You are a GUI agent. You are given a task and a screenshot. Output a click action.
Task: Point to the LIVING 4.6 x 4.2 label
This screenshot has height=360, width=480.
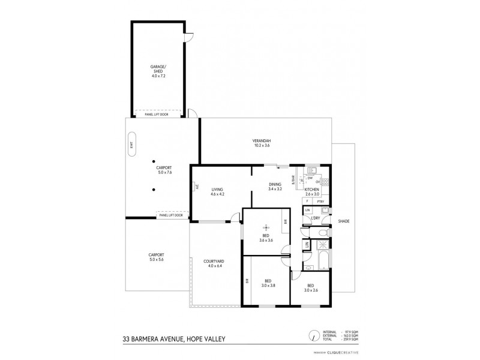[x=217, y=191]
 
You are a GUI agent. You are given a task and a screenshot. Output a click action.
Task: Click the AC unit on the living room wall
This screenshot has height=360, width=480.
[x=196, y=187]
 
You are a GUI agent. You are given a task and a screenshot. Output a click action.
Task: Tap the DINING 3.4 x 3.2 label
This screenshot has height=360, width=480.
[x=275, y=187]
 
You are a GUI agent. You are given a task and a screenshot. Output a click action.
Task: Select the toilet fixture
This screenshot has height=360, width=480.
[x=322, y=233]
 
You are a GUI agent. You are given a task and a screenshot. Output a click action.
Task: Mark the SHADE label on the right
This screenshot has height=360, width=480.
[x=343, y=221]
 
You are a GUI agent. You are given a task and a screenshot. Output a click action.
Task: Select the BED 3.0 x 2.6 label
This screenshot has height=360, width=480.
[x=310, y=287]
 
